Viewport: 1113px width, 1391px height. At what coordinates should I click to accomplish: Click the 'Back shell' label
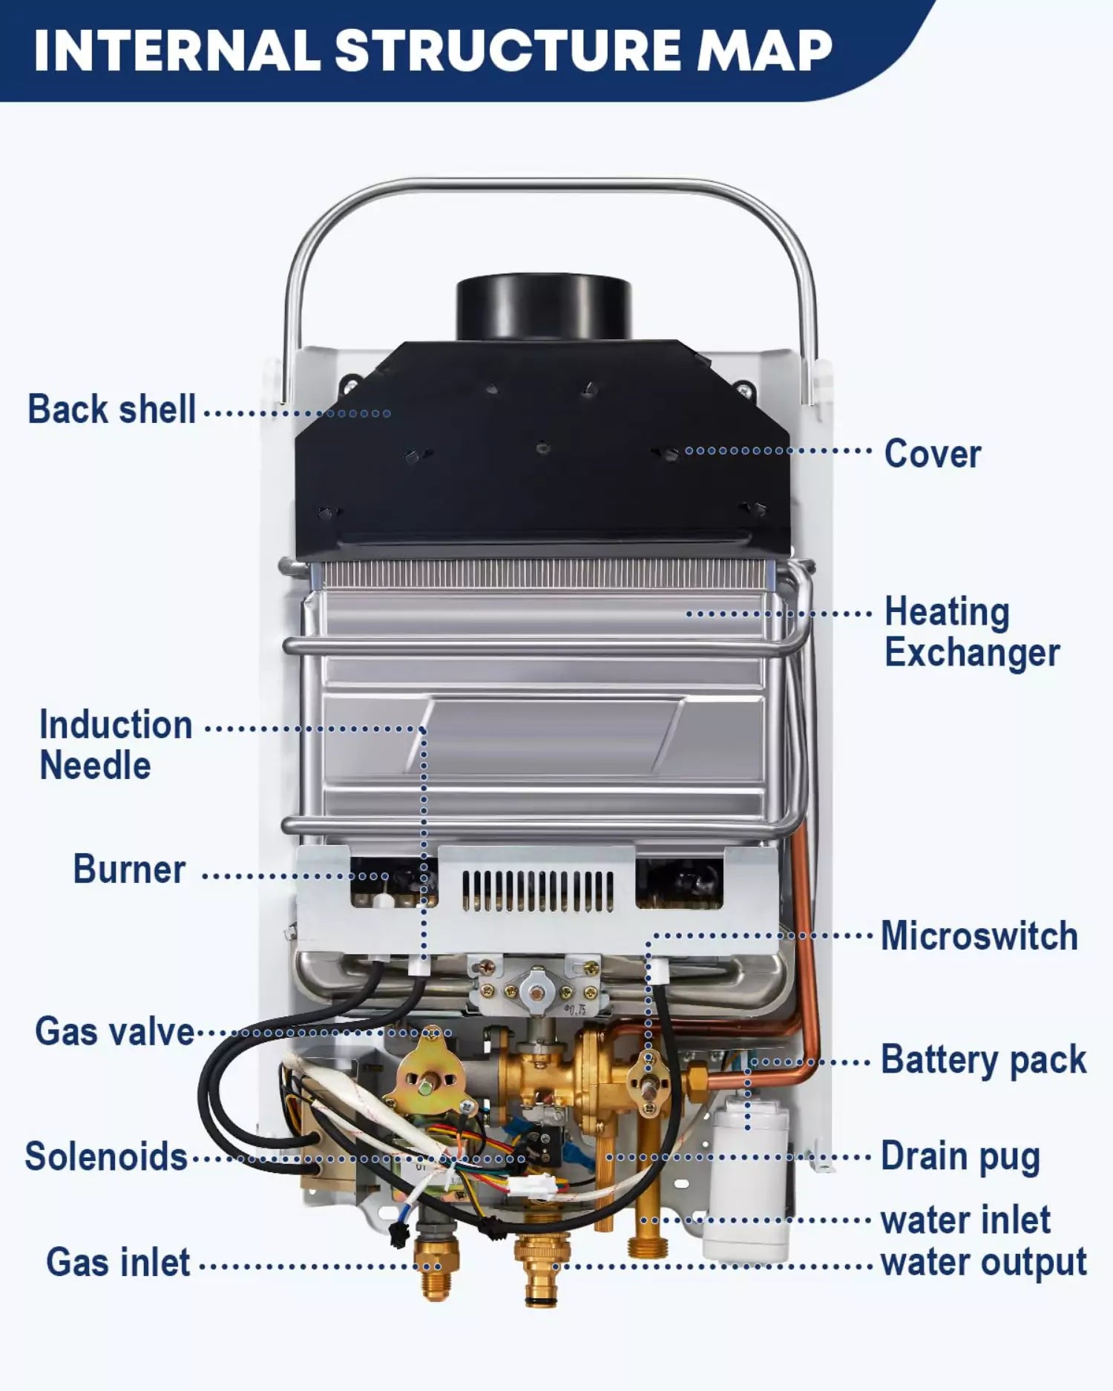pos(111,410)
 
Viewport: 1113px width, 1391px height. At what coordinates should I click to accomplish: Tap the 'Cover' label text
pos(932,453)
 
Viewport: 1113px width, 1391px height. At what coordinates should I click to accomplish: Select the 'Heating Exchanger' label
pos(971,632)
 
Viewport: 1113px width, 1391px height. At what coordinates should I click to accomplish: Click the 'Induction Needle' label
pos(115,745)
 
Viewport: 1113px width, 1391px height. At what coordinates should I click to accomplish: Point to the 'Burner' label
pos(128,869)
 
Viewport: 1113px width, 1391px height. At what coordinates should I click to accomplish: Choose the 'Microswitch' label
pos(979,935)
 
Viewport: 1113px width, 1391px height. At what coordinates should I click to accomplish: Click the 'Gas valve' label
pos(114,1032)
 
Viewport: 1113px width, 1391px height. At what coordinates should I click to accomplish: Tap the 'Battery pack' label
pos(983,1059)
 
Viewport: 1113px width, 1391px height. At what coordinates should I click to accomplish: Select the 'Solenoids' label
pos(106,1157)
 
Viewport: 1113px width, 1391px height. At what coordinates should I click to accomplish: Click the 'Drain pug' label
pos(960,1157)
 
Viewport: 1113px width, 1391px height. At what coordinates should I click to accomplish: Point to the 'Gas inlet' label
pos(118,1263)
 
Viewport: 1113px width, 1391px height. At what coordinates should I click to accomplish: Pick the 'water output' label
pos(983,1263)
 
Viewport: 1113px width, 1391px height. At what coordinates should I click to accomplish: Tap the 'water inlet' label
pos(965,1220)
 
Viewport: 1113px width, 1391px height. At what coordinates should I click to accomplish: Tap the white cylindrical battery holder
pos(747,1180)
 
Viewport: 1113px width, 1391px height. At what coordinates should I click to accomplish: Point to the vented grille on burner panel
pos(537,891)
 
